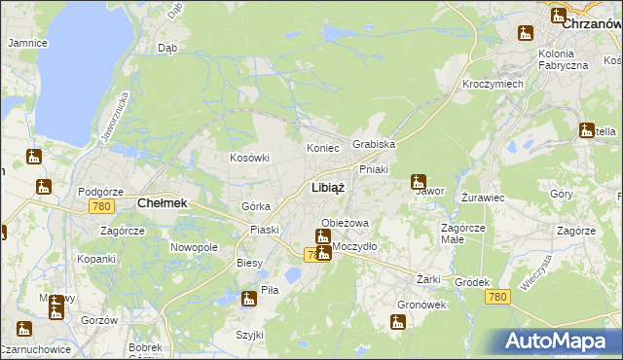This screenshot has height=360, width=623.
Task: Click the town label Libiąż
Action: [325, 187]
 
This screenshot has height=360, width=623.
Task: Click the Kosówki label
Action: [248, 158]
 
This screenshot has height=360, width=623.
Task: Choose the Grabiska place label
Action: [374, 144]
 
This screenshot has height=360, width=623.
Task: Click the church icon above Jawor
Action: [419, 181]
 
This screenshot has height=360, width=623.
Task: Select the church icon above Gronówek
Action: [398, 322]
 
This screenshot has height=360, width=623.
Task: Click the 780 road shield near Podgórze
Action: [100, 206]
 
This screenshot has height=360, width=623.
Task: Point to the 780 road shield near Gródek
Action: [497, 297]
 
